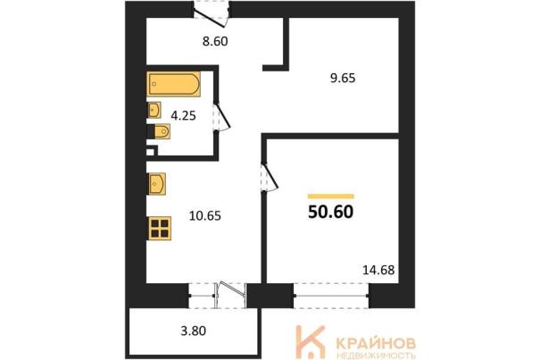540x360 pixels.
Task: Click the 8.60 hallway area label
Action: (x=215, y=41)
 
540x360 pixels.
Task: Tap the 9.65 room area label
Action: (x=343, y=79)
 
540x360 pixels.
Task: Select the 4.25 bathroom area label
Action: (x=184, y=116)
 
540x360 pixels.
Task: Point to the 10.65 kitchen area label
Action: (x=205, y=216)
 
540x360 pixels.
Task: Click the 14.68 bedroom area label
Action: (x=378, y=270)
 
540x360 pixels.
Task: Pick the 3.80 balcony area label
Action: (x=194, y=331)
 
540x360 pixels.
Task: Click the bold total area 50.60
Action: (x=330, y=212)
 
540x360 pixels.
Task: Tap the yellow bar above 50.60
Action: (x=330, y=197)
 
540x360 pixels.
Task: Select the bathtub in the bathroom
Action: (x=174, y=84)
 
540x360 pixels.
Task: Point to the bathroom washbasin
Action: (x=154, y=110)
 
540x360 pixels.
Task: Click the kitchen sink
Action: (x=157, y=184)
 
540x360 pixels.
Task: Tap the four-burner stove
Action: (x=159, y=229)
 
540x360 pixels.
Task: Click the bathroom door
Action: (x=221, y=116)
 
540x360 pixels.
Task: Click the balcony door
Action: (x=231, y=295)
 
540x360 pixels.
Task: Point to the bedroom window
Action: (x=331, y=296)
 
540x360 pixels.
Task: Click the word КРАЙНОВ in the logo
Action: (x=376, y=343)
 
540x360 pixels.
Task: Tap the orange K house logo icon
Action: (x=311, y=342)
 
